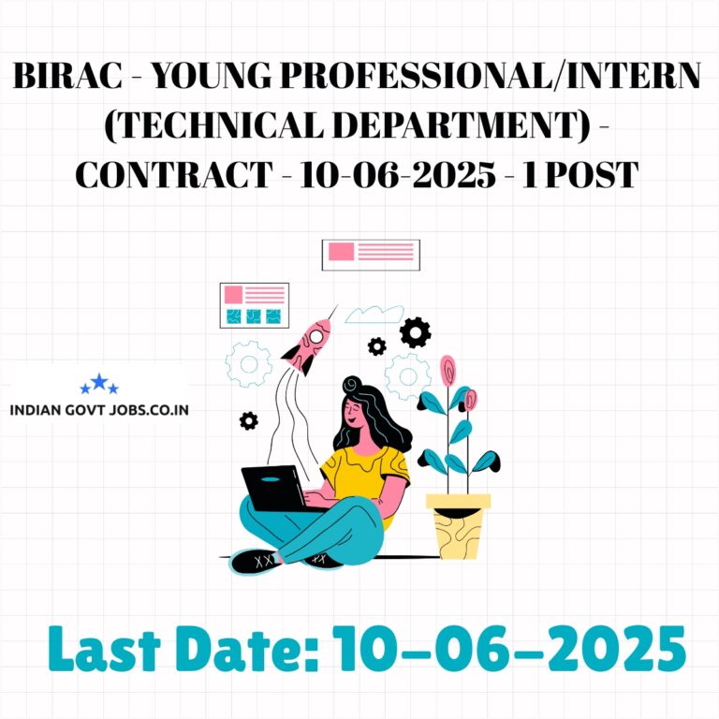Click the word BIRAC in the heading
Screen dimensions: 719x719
click(x=67, y=76)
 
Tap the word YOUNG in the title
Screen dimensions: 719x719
click(x=212, y=76)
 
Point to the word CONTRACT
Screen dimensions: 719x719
click(x=174, y=175)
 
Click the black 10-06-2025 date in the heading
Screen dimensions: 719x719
click(x=398, y=175)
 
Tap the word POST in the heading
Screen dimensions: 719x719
click(x=592, y=175)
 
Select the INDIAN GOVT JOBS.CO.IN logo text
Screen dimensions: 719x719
click(x=99, y=409)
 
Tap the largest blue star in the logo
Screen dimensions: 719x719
click(x=99, y=382)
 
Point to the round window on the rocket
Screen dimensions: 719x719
click(x=315, y=337)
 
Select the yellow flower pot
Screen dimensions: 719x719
click(x=459, y=526)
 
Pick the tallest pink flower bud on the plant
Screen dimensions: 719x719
click(x=448, y=370)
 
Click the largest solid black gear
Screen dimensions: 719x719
click(x=415, y=332)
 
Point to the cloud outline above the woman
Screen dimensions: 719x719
click(x=374, y=315)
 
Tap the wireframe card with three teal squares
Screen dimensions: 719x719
click(x=255, y=305)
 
